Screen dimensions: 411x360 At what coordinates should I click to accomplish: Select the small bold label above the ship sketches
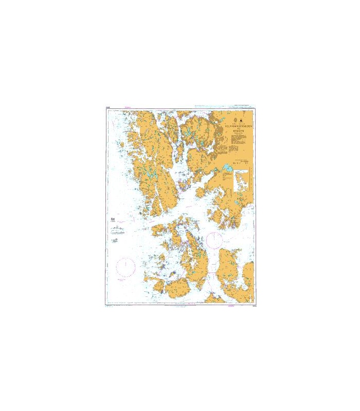point(114,219)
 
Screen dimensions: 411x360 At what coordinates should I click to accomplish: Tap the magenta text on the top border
point(129,108)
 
